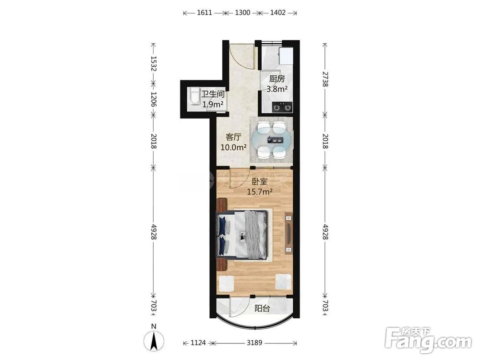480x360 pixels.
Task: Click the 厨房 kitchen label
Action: (277, 79)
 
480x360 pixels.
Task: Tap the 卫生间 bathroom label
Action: (213, 94)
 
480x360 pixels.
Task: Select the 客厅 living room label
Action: (234, 136)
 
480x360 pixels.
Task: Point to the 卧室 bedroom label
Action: (260, 181)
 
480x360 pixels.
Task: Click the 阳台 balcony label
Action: (263, 309)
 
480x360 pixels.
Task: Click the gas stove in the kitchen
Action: (282, 107)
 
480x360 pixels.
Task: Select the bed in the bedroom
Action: (242, 235)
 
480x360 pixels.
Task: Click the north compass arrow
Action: (154, 340)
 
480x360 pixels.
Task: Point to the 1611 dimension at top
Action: (204, 13)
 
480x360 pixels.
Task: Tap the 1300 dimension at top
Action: (242, 13)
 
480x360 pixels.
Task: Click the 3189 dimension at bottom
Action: (255, 343)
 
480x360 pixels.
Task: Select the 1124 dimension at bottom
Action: (198, 343)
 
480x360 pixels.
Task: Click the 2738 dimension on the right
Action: (325, 79)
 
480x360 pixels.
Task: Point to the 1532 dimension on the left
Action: (154, 63)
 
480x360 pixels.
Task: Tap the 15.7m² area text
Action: (260, 192)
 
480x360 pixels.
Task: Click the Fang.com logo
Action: (429, 340)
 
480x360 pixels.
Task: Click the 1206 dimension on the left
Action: (154, 99)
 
